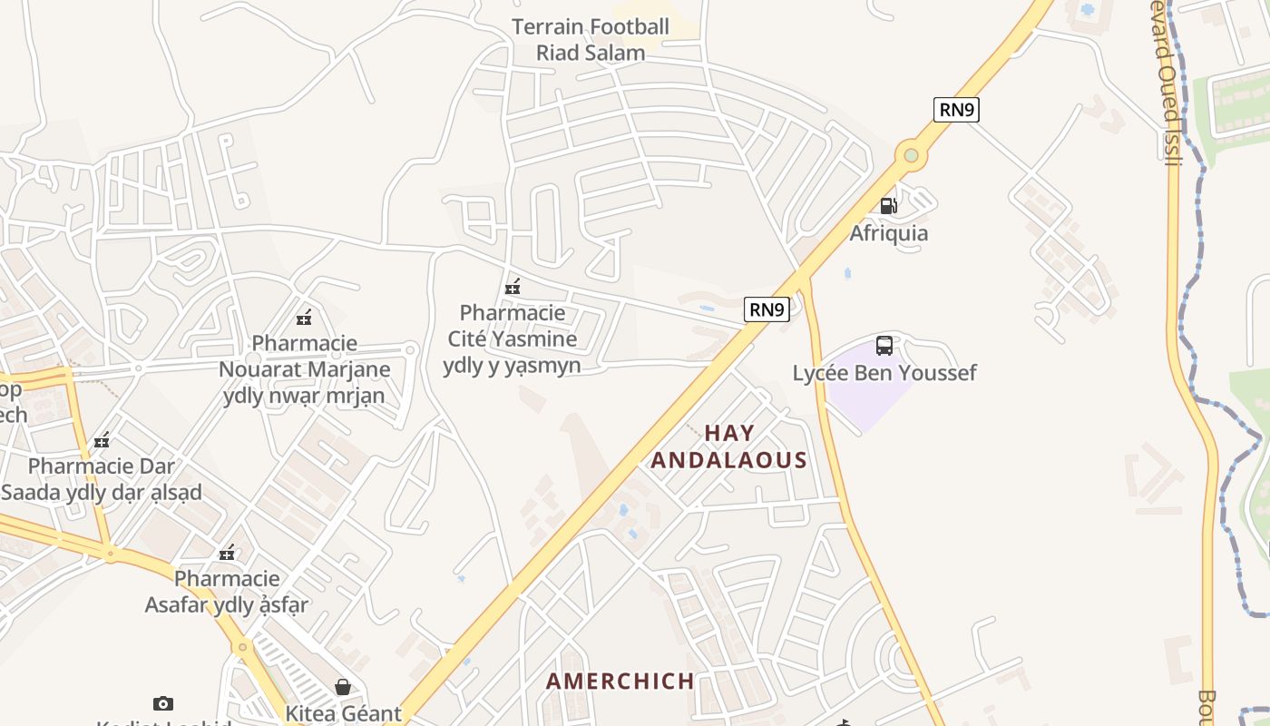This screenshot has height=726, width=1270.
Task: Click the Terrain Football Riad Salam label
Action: click(x=591, y=40)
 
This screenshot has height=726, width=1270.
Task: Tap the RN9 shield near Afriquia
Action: click(x=956, y=110)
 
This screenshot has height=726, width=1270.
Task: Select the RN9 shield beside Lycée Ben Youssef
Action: click(x=767, y=309)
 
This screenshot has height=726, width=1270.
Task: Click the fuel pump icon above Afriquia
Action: click(x=888, y=206)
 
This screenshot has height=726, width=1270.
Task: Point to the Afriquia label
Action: click(x=888, y=233)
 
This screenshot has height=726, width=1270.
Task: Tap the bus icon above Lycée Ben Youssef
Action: click(x=884, y=346)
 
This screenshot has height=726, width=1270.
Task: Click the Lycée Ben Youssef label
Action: click(x=884, y=373)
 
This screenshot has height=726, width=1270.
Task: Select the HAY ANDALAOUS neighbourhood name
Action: click(x=729, y=446)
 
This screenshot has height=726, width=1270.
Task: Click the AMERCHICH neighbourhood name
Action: click(x=620, y=681)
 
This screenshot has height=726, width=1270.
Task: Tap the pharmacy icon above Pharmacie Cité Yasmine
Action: click(x=513, y=287)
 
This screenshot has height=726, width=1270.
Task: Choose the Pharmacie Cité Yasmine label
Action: click(x=513, y=339)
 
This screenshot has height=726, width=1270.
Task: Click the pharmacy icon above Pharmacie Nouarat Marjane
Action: click(x=304, y=318)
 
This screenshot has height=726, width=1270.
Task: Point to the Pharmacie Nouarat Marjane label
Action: click(x=304, y=369)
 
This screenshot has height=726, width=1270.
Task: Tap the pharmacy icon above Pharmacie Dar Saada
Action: click(x=103, y=441)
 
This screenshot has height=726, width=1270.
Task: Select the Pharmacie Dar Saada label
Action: click(x=102, y=479)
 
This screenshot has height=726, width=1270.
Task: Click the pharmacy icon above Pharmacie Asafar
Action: click(x=227, y=553)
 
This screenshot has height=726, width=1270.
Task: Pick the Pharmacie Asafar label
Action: click(x=227, y=591)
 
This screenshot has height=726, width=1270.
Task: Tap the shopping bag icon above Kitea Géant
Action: click(x=343, y=687)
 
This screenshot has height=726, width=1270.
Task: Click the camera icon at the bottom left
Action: click(x=163, y=703)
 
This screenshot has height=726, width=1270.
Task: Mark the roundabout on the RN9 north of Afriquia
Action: click(x=911, y=156)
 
